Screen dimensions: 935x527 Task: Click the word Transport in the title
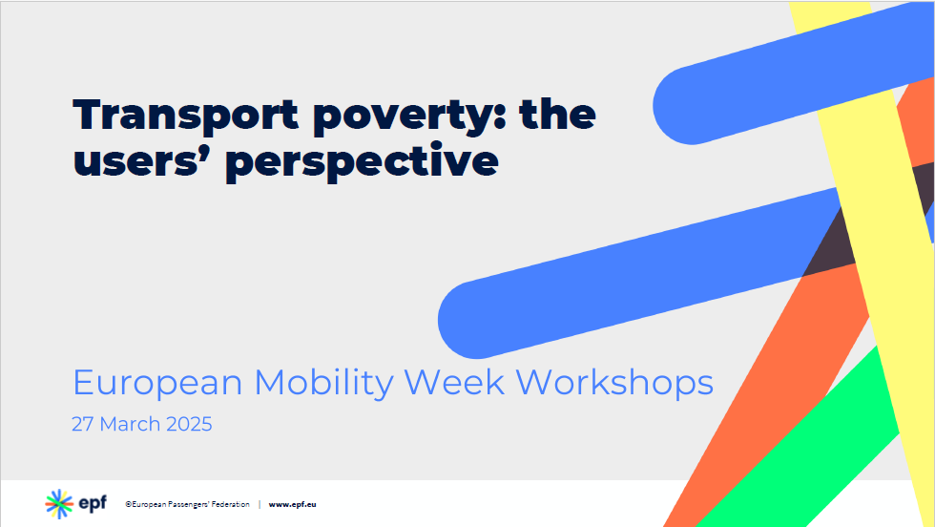click(185, 115)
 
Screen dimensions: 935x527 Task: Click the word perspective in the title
click(362, 162)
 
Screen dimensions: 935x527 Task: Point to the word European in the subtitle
click(157, 383)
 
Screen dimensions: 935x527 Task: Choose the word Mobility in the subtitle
click(323, 383)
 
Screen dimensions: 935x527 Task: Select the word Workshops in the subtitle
click(614, 383)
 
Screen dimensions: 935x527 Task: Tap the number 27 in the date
click(82, 424)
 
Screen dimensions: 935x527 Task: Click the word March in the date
click(130, 424)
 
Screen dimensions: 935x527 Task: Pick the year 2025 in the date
click(189, 424)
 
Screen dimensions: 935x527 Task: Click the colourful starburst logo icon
click(59, 504)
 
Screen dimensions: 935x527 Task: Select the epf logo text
click(93, 504)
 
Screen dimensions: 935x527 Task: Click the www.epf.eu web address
click(292, 504)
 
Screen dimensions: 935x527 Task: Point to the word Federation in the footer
click(230, 504)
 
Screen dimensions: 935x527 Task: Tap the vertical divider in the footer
click(260, 504)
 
